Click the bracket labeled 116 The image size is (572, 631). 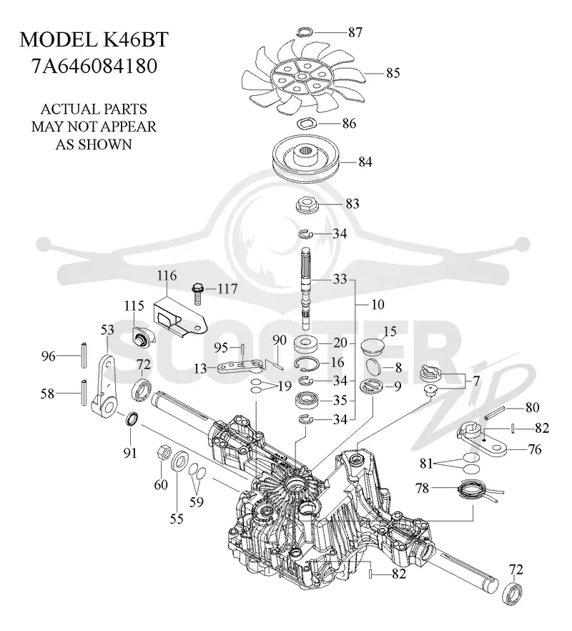pyautogui.click(x=179, y=317)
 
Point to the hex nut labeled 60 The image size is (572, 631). pyautogui.click(x=162, y=453)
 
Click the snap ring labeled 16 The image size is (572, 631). pyautogui.click(x=307, y=363)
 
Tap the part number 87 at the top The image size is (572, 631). pyautogui.click(x=355, y=32)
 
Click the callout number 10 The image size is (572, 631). pyautogui.click(x=378, y=304)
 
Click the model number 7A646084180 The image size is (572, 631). pyautogui.click(x=94, y=67)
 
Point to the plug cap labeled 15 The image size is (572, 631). pyautogui.click(x=373, y=346)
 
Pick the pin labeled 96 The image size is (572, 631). pyautogui.click(x=83, y=355)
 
